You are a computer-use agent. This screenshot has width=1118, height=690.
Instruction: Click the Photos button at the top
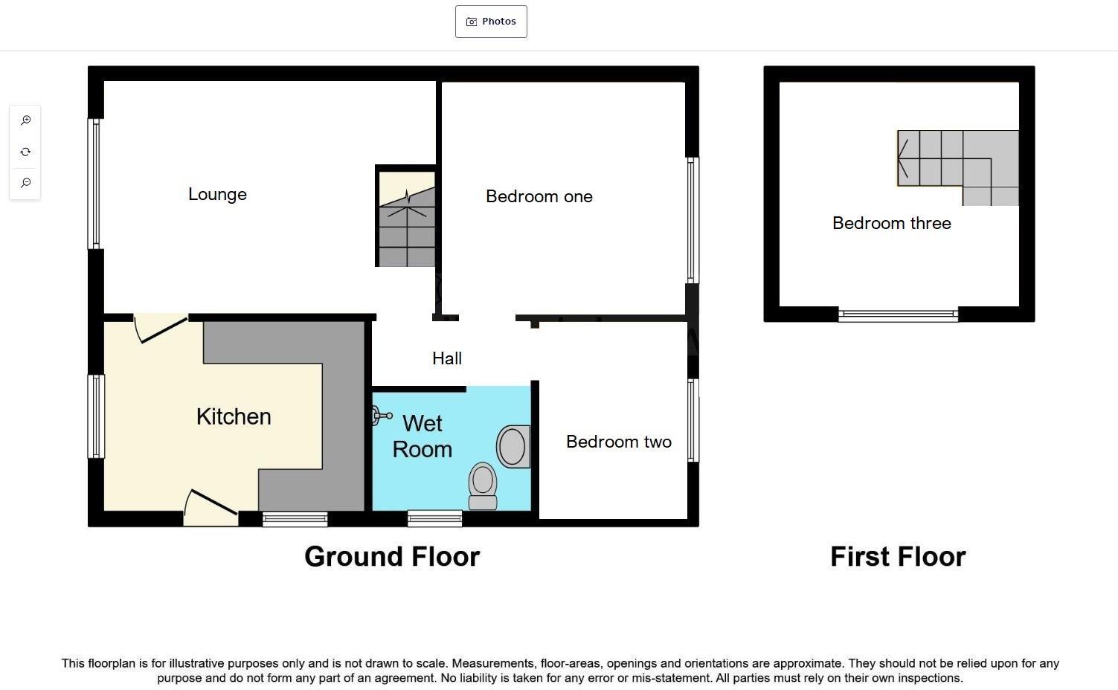coord(491,22)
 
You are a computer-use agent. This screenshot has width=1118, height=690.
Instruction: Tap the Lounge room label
coord(217,194)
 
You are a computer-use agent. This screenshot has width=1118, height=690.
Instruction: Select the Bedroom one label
coord(539,196)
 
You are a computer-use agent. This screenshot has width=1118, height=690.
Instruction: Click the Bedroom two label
coord(618,442)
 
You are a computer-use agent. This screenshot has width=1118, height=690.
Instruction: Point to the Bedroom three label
coord(891,223)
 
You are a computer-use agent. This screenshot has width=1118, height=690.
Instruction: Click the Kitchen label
coord(234,416)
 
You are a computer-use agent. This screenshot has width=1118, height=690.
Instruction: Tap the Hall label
coord(447,358)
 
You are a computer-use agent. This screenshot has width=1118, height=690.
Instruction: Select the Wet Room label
coord(422,436)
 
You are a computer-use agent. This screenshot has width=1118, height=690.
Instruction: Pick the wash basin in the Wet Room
coord(513,446)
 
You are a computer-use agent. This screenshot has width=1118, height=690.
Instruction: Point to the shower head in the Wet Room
coord(381,416)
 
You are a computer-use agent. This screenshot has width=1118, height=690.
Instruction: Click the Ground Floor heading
coord(392,557)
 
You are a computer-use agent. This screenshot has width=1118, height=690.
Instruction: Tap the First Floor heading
coord(897,557)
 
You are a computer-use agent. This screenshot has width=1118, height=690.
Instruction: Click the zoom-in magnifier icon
coord(25,120)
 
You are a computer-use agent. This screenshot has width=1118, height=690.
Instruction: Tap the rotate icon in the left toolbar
coord(25,152)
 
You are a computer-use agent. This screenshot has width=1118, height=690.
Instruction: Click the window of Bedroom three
coord(898,315)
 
